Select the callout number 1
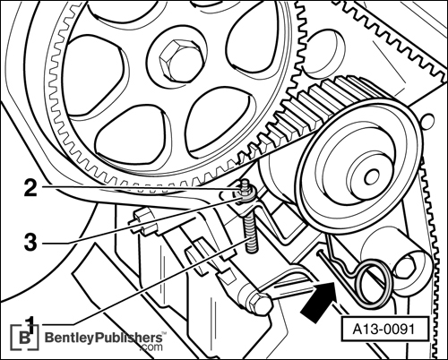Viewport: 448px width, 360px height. click(30, 323)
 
